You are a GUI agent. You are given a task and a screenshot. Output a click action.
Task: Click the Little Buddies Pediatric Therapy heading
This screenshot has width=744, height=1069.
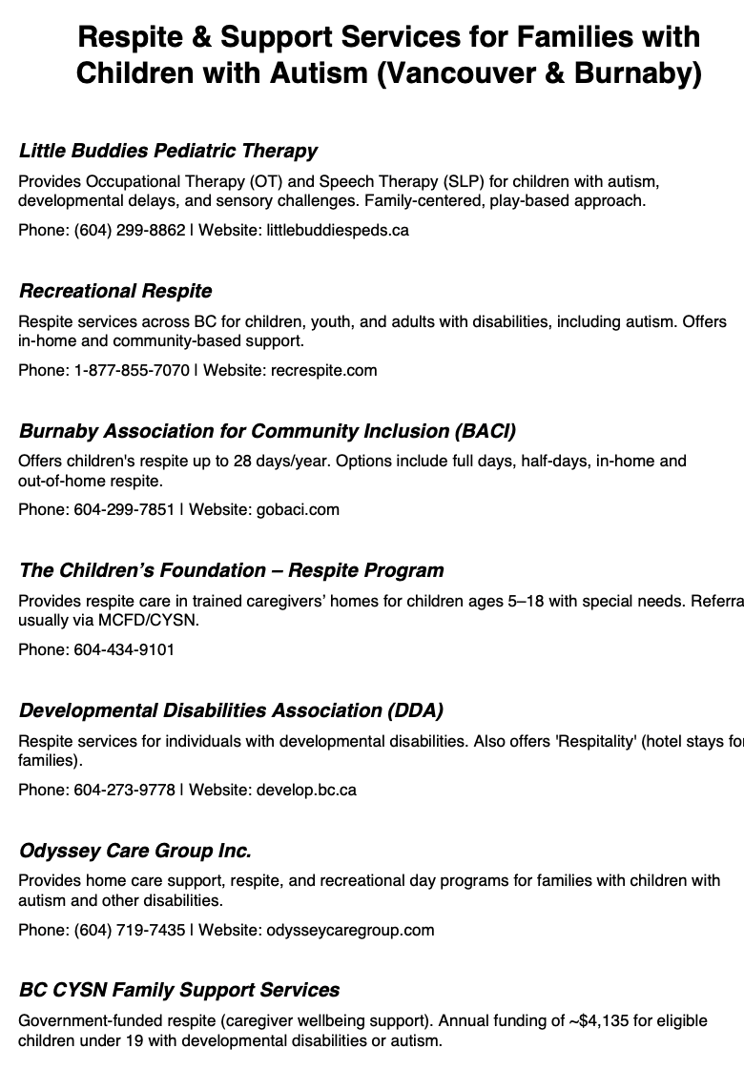click(x=168, y=151)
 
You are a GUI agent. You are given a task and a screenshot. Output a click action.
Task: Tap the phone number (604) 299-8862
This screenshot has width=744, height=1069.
click(x=130, y=230)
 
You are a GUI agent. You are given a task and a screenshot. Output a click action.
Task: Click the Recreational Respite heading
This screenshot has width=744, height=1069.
click(x=115, y=291)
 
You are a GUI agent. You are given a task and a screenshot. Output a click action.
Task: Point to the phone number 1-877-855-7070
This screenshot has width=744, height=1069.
click(x=132, y=370)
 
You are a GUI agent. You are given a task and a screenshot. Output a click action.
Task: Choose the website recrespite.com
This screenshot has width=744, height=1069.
click(x=323, y=370)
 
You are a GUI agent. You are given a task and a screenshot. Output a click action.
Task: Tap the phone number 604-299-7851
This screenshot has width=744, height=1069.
click(x=124, y=509)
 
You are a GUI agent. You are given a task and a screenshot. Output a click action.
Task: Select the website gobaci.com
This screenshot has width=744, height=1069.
click(x=298, y=509)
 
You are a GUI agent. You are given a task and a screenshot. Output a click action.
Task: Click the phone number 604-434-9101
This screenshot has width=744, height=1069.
click(x=124, y=649)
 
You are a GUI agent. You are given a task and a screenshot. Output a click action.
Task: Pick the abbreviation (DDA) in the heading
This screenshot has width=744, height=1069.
click(x=415, y=710)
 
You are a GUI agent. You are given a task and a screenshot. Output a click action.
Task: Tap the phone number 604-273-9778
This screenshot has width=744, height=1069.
click(x=124, y=790)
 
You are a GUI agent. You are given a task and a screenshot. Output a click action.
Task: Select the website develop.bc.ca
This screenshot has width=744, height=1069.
click(x=306, y=790)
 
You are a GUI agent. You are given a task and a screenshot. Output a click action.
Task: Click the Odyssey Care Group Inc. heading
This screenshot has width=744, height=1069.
click(x=134, y=851)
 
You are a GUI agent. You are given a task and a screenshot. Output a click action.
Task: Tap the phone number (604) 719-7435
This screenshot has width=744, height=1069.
click(x=130, y=930)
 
